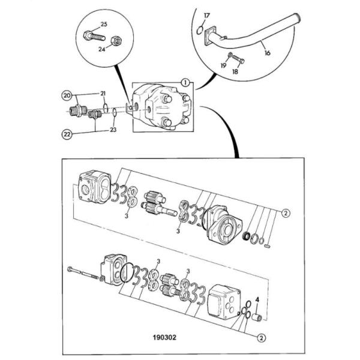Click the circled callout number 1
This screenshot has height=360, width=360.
coord(185,83)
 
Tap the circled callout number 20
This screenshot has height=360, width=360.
coord(67,95)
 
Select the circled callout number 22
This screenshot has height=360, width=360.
coord(67,134)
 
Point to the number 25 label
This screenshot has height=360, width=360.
coord(104,24)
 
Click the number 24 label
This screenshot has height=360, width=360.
coord(102,49)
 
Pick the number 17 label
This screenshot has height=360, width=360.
coord(206,16)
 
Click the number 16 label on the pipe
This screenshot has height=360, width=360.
coord(268,53)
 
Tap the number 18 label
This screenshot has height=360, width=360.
coord(235,71)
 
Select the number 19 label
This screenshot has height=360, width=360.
coord(223,65)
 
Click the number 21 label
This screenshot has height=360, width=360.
coord(103,94)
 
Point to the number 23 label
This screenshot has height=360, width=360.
coord(113,130)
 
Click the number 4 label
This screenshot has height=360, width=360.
coord(257,299)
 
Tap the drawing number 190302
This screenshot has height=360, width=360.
coord(164,337)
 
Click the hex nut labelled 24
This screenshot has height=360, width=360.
coord(116,41)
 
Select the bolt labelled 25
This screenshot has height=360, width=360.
coord(94,36)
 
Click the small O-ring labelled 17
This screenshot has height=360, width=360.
coord(200,31)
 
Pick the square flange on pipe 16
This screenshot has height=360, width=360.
coord(210,35)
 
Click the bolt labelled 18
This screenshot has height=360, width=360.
coord(238,59)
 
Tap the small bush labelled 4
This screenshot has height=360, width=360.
coord(257,317)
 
